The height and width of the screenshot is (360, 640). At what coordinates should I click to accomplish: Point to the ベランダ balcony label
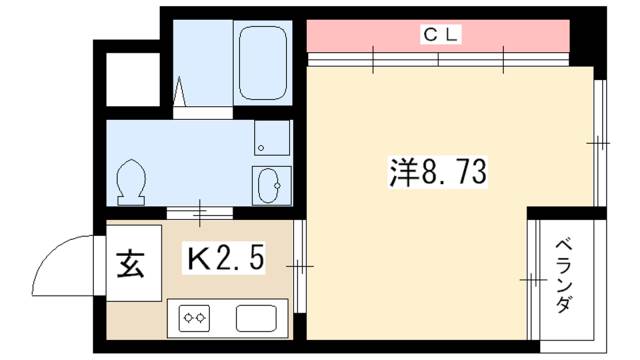[565, 276]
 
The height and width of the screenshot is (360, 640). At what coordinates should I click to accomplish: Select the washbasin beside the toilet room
[270, 185]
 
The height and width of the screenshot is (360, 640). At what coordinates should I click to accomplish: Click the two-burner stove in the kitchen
[194, 319]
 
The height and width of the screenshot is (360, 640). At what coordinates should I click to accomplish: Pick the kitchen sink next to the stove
[257, 318]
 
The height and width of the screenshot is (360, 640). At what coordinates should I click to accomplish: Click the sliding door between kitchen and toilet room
[201, 212]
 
